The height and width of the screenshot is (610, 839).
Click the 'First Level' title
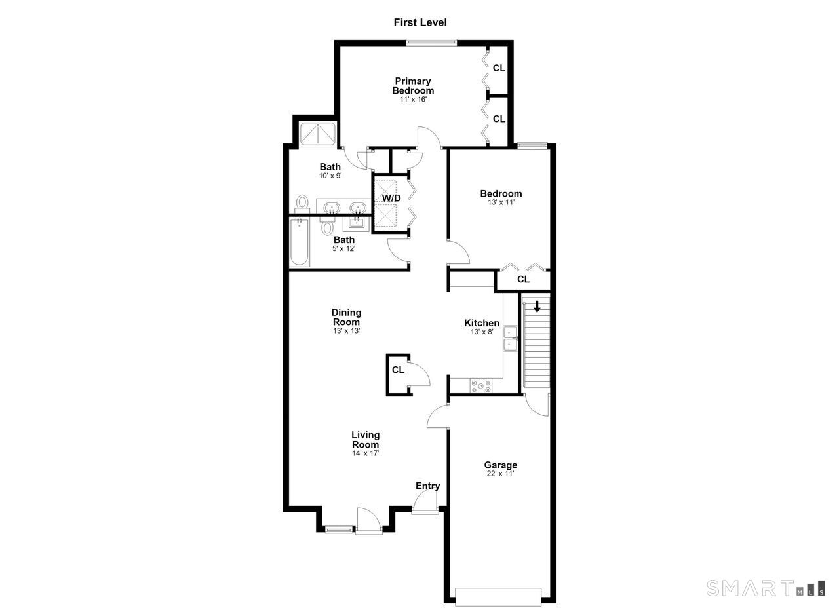pyautogui.click(x=420, y=22)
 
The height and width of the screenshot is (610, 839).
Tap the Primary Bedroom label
pyautogui.click(x=413, y=86)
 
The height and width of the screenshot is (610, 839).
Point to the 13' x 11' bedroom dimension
pyautogui.click(x=501, y=202)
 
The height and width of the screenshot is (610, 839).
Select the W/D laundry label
pyautogui.click(x=391, y=198)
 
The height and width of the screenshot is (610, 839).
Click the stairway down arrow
pyautogui.click(x=537, y=307)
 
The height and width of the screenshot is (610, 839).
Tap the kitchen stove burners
pyautogui.click(x=481, y=386)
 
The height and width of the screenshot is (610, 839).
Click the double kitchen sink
pyautogui.click(x=510, y=338)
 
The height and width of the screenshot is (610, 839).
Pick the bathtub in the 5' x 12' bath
pyautogui.click(x=300, y=242)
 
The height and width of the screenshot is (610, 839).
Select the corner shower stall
pyautogui.click(x=318, y=134)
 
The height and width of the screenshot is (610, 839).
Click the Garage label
pyautogui.click(x=500, y=465)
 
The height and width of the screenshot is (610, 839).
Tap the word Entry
pyautogui.click(x=428, y=486)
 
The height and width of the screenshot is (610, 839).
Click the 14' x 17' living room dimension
pyautogui.click(x=366, y=453)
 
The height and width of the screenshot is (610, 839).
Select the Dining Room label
pyautogui.click(x=347, y=317)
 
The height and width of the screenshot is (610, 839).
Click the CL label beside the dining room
pyautogui.click(x=398, y=370)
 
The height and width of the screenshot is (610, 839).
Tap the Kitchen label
pyautogui.click(x=482, y=323)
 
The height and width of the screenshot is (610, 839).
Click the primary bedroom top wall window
pyautogui.click(x=431, y=43)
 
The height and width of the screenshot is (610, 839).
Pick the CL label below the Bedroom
pyautogui.click(x=523, y=279)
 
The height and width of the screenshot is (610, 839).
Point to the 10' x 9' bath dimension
pyautogui.click(x=330, y=176)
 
